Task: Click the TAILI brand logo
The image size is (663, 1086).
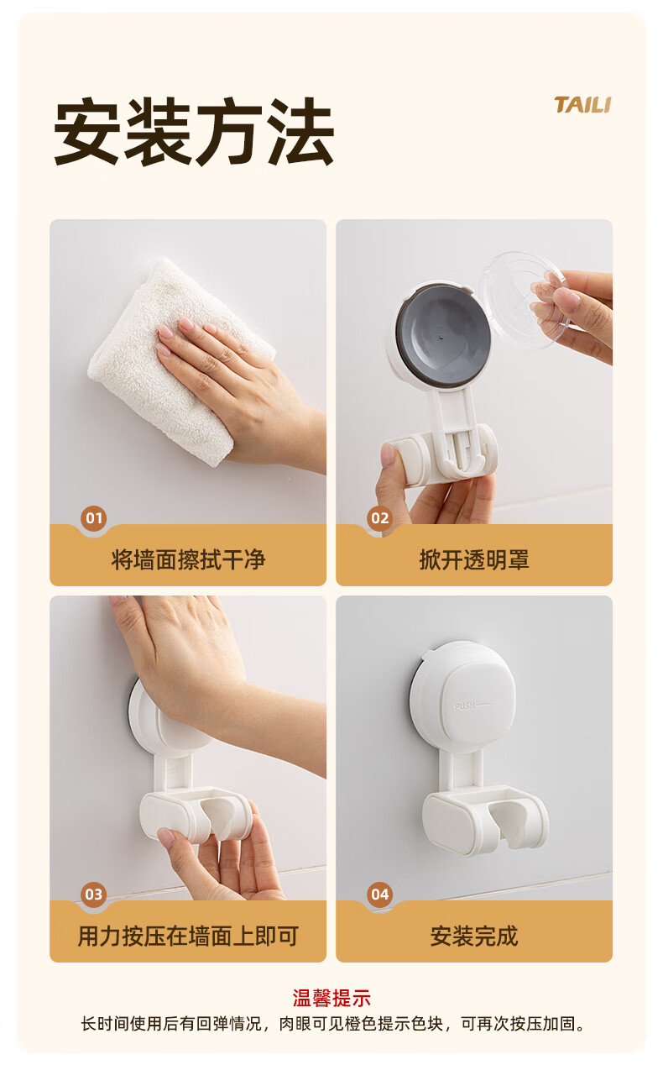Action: point(582,105)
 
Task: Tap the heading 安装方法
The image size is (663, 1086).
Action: point(194,131)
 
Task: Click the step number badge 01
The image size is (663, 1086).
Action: point(94,517)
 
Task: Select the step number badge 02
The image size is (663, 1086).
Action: point(380,517)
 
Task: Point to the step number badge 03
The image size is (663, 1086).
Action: point(94,894)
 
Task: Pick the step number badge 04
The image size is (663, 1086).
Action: point(380,894)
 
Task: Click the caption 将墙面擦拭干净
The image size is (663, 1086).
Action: point(188,559)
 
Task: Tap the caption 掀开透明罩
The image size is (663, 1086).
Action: point(474,559)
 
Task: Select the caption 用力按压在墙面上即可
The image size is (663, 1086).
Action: point(188,936)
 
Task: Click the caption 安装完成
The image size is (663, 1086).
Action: point(474,936)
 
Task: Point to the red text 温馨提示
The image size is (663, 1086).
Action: point(331,999)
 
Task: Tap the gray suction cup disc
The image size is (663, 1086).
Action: point(443,335)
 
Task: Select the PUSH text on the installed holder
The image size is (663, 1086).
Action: point(465,706)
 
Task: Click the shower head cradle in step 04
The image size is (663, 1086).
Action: point(485,819)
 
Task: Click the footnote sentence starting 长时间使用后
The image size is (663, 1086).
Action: point(332,1024)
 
